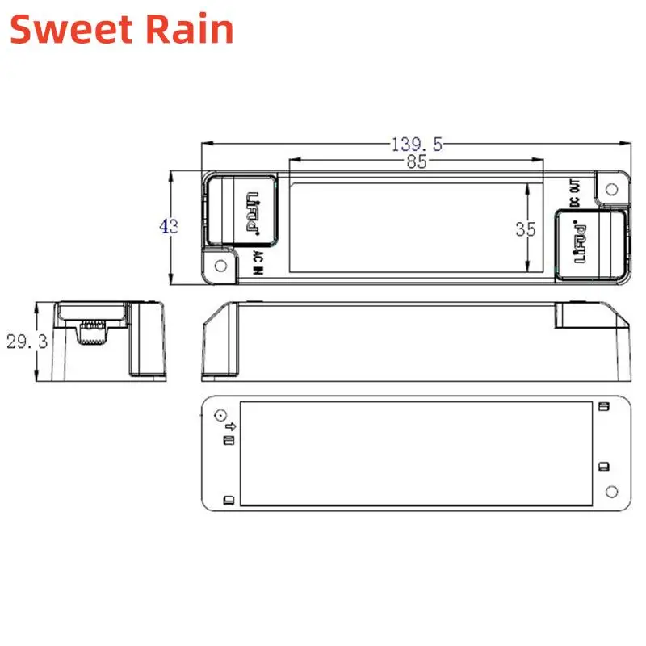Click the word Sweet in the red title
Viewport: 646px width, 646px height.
point(70,29)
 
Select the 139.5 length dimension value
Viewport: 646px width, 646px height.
point(417,145)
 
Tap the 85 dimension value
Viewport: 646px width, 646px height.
point(417,161)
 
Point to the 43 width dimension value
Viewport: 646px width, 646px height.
point(169,227)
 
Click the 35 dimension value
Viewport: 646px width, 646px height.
point(526,229)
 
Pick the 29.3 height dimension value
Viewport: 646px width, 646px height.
point(27,342)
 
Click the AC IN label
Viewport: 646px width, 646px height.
point(258,262)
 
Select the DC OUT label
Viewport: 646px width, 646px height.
point(575,193)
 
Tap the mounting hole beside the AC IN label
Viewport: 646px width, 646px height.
point(220,266)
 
